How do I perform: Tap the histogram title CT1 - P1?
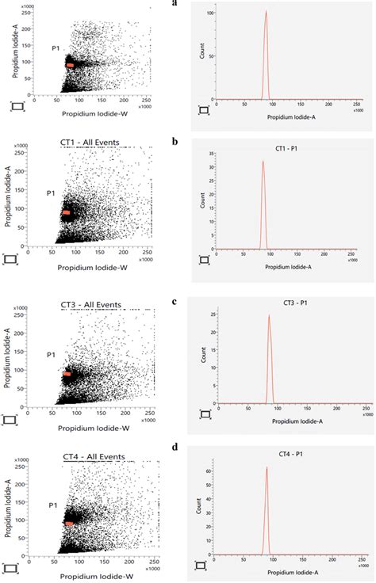279,148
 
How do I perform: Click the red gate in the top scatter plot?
71,66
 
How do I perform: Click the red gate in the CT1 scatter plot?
67,212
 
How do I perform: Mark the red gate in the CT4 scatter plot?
69,523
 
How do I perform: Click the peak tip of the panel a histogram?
266,11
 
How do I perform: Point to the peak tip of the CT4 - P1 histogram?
267,467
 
